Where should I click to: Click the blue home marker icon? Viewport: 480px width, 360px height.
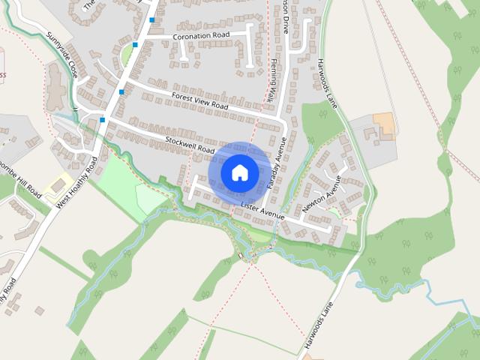pos(239,172)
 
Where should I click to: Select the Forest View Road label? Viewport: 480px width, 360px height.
pos(199,101)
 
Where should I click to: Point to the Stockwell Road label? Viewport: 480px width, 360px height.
pos(191,145)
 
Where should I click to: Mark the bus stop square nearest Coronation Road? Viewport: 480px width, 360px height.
pos(152,20)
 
